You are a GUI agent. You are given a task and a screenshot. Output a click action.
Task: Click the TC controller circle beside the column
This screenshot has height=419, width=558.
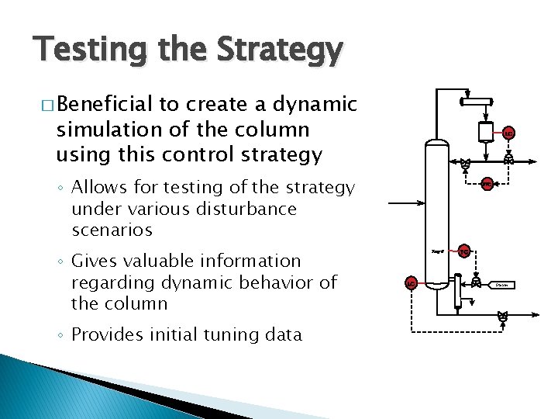click(463, 251)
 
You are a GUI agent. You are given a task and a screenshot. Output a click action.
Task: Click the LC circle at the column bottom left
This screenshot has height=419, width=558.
click(412, 283)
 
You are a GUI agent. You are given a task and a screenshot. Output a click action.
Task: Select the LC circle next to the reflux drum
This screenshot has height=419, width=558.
click(508, 133)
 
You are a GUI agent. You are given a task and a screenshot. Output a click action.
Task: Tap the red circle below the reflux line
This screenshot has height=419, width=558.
click(486, 184)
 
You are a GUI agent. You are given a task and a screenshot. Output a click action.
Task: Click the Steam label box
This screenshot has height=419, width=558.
click(502, 285)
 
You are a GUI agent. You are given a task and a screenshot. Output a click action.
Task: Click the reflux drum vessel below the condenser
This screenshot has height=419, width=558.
click(487, 130)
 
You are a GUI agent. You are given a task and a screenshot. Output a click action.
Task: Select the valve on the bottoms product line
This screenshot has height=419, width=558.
click(503, 316)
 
